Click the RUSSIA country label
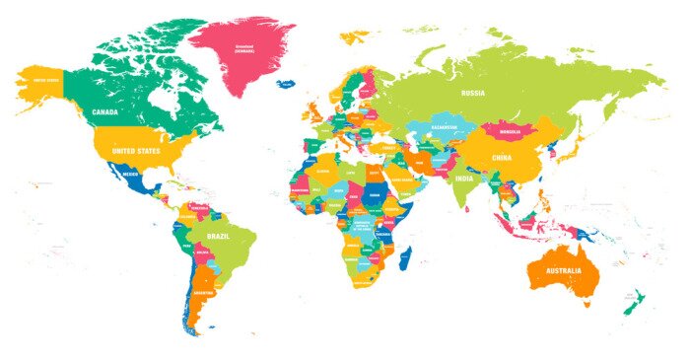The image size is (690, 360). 473,94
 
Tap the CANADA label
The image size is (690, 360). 105,112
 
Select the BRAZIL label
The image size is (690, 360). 219,238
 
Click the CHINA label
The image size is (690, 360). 503,157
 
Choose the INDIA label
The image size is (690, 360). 464,180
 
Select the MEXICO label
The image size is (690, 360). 130,174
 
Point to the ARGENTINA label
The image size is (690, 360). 204,294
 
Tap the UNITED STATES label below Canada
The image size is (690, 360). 136,151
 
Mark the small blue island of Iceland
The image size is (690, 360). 286,84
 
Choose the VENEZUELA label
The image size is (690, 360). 199,207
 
